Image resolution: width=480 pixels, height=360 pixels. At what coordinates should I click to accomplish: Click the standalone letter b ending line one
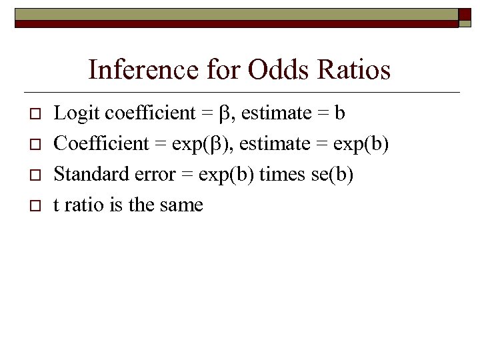340,113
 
